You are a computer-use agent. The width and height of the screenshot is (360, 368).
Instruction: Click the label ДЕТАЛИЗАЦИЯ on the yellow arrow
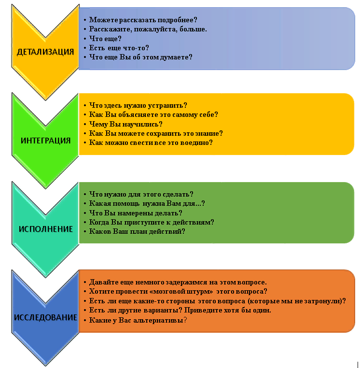pyautogui.click(x=46, y=52)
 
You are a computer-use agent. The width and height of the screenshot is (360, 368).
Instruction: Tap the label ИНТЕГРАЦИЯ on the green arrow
pyautogui.click(x=46, y=141)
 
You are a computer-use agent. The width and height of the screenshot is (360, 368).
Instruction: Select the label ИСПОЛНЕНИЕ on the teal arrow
pyautogui.click(x=46, y=229)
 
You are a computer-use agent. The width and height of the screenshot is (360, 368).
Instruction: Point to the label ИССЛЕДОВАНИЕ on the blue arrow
pyautogui.click(x=46, y=317)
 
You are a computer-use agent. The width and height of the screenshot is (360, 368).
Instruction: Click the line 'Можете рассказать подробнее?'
pyautogui.click(x=143, y=20)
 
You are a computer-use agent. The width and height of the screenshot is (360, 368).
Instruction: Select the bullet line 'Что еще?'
pyautogui.click(x=105, y=38)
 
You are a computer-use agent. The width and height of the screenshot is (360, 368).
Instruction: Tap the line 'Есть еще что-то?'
pyautogui.click(x=119, y=47)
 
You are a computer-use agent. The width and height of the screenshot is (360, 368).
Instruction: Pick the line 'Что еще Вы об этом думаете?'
pyautogui.click(x=141, y=57)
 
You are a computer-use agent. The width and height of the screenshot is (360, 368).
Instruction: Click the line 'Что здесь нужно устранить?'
pyautogui.click(x=138, y=105)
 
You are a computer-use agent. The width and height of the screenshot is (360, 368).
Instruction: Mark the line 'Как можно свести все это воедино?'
pyautogui.click(x=151, y=142)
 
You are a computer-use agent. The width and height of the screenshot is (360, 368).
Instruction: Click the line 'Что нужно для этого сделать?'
pyautogui.click(x=141, y=194)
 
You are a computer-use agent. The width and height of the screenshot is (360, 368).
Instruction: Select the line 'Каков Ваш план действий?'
pyautogui.click(x=138, y=231)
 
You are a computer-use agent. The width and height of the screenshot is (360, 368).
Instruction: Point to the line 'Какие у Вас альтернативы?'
pyautogui.click(x=138, y=320)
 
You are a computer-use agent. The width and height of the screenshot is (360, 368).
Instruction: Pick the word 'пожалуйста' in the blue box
pyautogui.click(x=152, y=29)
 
